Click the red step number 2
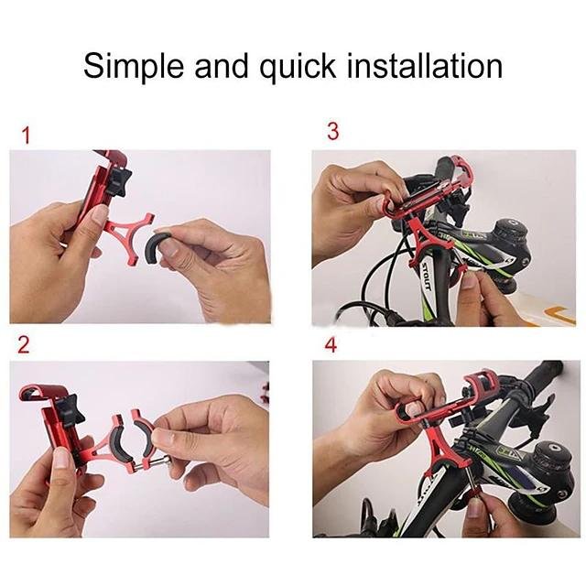[24, 345]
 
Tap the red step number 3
[332, 132]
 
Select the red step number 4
[331, 345]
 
